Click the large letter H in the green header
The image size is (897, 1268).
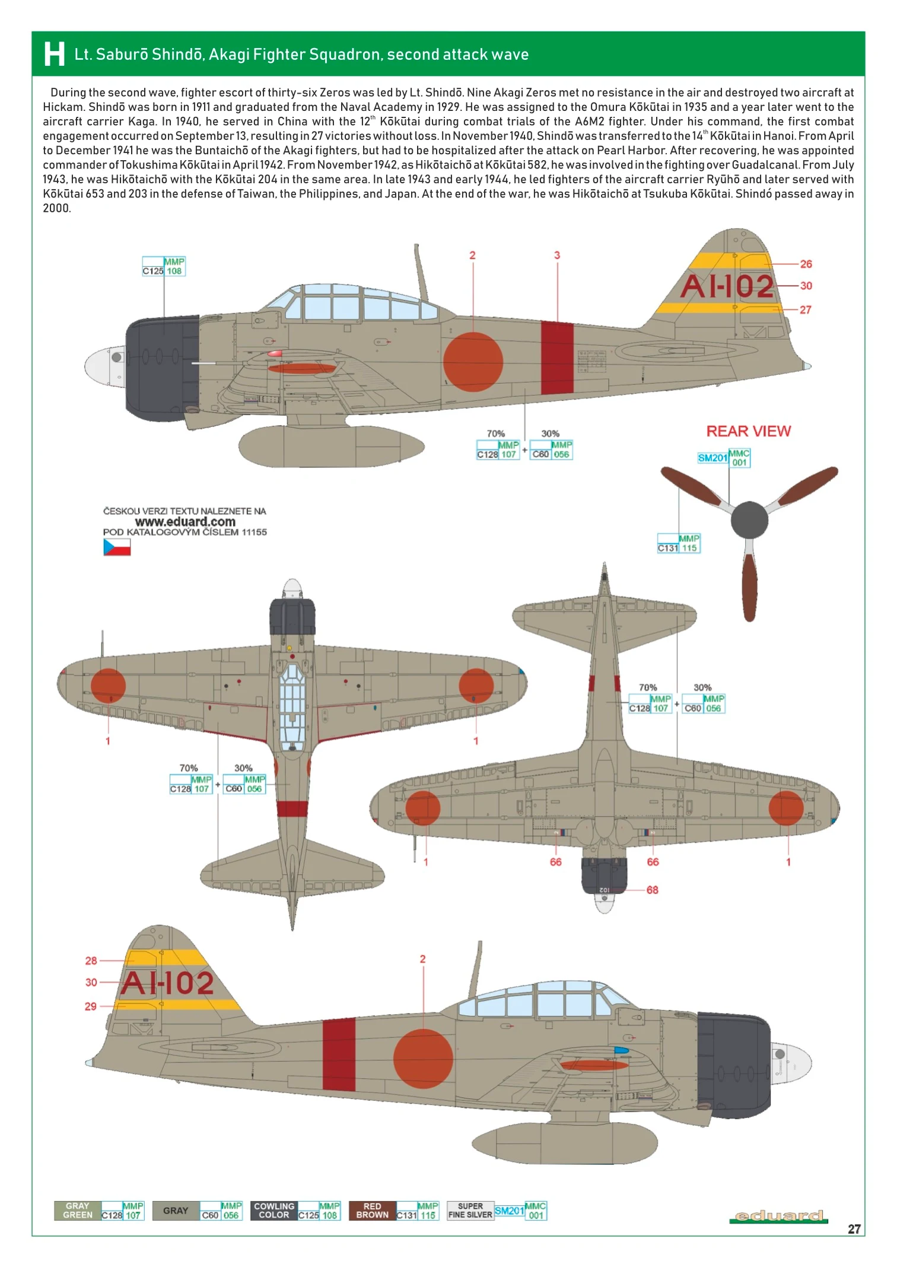click(x=54, y=54)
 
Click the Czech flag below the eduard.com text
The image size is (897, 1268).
click(x=117, y=547)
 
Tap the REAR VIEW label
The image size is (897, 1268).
click(x=748, y=431)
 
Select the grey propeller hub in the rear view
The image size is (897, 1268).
click(x=749, y=520)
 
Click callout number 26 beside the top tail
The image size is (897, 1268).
click(x=806, y=264)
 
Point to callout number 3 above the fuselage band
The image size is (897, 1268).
click(x=556, y=255)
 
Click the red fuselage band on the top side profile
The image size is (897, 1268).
click(x=557, y=358)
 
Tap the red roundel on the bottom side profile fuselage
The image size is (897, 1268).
click(x=422, y=1059)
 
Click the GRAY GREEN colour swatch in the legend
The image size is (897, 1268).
click(x=78, y=1210)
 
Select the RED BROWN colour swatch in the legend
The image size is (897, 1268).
click(x=372, y=1210)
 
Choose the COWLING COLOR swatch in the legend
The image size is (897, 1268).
click(x=273, y=1210)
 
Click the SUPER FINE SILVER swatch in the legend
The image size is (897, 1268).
click(x=470, y=1210)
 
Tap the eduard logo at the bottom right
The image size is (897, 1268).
click(x=778, y=1216)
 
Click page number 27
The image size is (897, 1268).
click(x=854, y=1229)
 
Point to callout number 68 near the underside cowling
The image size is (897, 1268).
click(x=652, y=890)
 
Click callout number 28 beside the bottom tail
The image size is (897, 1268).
click(x=91, y=960)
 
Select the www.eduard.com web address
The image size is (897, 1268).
click(x=185, y=522)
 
